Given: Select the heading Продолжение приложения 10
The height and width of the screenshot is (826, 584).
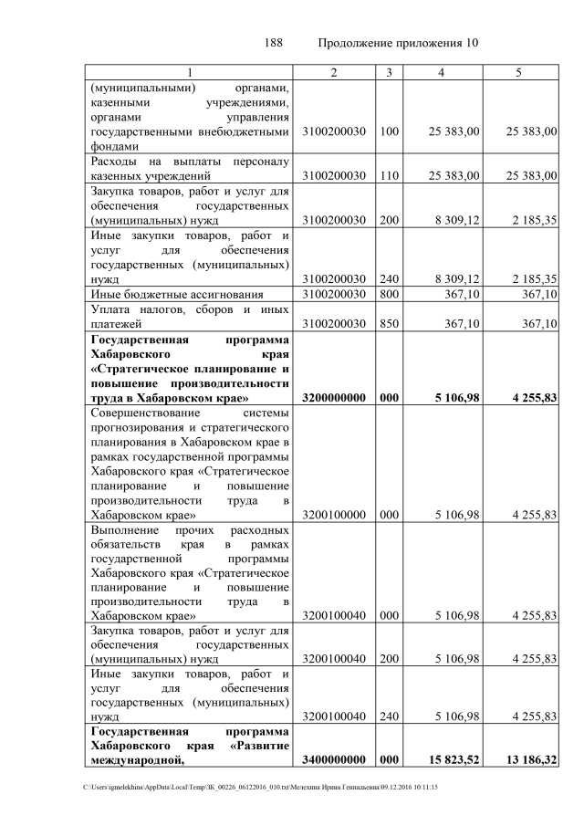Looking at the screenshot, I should tap(398, 43).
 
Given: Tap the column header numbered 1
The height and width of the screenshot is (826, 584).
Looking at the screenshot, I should tap(190, 72).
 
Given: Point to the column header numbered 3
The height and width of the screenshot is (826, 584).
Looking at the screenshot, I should tap(389, 72).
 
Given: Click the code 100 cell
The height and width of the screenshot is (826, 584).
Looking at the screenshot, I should tap(389, 132).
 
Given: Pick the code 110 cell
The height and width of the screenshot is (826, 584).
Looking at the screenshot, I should tap(389, 175).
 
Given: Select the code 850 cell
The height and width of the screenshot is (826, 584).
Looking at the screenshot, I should tap(389, 324).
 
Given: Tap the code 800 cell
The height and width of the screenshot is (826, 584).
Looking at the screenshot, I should tap(389, 294).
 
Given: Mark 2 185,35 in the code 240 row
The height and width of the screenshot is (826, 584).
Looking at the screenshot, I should tap(531, 278).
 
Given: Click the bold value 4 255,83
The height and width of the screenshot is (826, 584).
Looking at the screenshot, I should tap(530, 399).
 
